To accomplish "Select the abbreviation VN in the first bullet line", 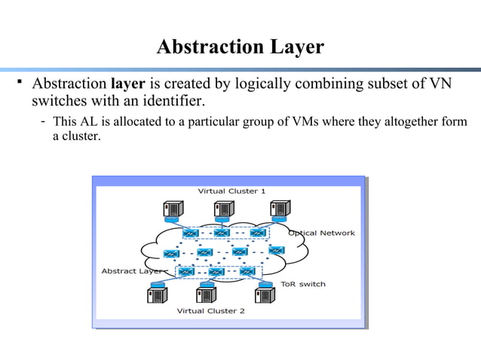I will (x=440, y=82).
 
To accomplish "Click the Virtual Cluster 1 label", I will (x=231, y=191).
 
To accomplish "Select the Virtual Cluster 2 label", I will (x=210, y=310).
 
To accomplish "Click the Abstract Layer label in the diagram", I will (x=133, y=270).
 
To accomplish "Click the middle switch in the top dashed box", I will (x=222, y=232).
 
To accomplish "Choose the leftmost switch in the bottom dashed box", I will (x=185, y=271).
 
